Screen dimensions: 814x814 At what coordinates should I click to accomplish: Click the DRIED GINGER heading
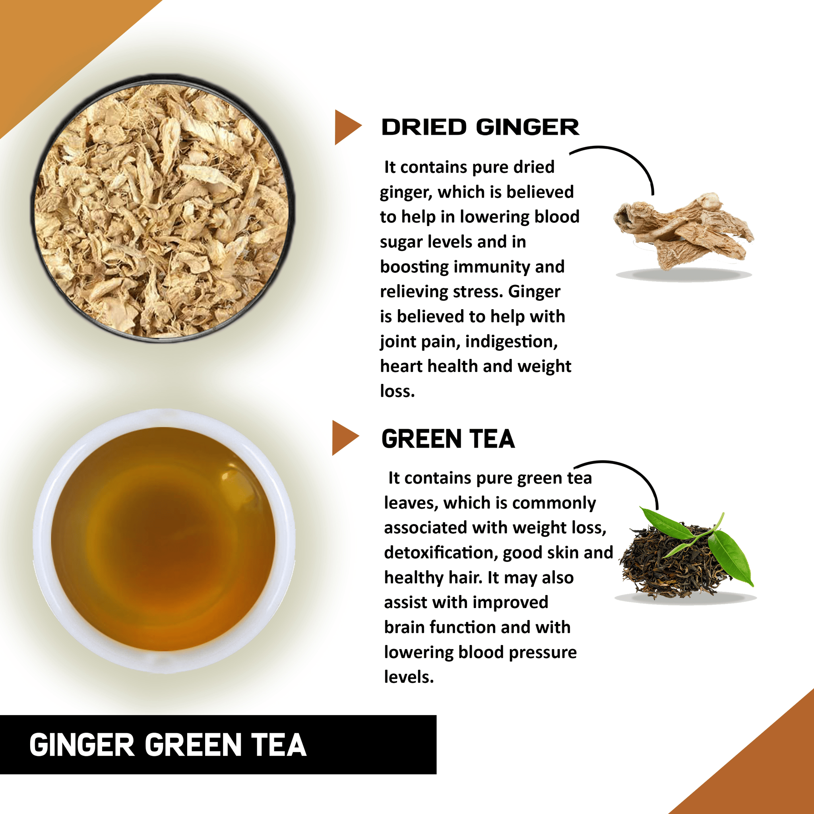pos(480,127)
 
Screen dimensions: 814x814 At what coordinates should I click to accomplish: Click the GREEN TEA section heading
pos(448,439)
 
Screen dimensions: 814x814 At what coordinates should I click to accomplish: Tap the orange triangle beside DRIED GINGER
pos(346,127)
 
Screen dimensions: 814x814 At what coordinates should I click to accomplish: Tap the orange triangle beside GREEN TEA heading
pos(343,438)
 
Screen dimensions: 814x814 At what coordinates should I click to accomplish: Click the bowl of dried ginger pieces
pos(162,209)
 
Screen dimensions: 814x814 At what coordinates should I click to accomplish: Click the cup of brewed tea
pos(163,540)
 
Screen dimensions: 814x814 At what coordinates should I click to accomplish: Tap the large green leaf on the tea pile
pos(731,556)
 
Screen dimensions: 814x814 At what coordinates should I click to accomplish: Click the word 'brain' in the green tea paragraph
pos(404,627)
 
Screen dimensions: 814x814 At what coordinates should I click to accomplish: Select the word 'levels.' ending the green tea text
pos(409,676)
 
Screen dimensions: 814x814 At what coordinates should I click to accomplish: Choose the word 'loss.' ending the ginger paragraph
pos(397,391)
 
